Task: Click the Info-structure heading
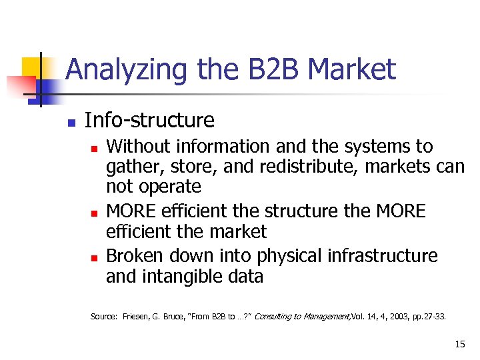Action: pyautogui.click(x=150, y=121)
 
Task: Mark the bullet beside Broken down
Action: pyautogui.click(x=94, y=257)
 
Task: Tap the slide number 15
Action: pyautogui.click(x=459, y=344)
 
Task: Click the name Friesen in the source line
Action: pyautogui.click(x=137, y=317)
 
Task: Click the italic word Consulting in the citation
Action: pyautogui.click(x=275, y=317)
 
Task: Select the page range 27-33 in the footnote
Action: pyautogui.click(x=434, y=317)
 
